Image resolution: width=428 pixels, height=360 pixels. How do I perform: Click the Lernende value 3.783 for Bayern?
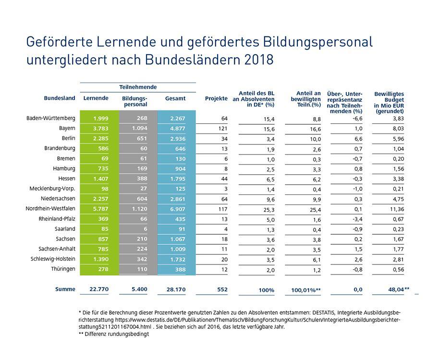coord(100,129)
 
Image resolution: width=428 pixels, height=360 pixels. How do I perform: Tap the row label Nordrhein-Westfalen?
coord(50,209)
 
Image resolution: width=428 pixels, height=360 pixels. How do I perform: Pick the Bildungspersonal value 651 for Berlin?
coord(140,139)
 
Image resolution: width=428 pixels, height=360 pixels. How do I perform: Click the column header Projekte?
coord(216,98)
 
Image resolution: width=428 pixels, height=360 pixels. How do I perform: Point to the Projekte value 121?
coord(222,129)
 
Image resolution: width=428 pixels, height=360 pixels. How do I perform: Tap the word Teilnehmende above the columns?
coord(137,87)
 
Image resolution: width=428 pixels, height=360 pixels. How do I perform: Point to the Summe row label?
coord(65,289)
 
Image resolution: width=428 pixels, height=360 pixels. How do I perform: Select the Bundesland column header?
coord(60,98)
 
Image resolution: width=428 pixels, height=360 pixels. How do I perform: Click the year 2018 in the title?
coord(259,60)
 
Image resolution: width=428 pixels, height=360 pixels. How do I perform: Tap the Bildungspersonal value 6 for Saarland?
coord(145,229)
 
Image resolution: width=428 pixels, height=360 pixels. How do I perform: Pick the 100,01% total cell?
coord(306,290)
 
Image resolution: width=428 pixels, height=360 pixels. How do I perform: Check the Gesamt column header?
coord(175,98)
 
